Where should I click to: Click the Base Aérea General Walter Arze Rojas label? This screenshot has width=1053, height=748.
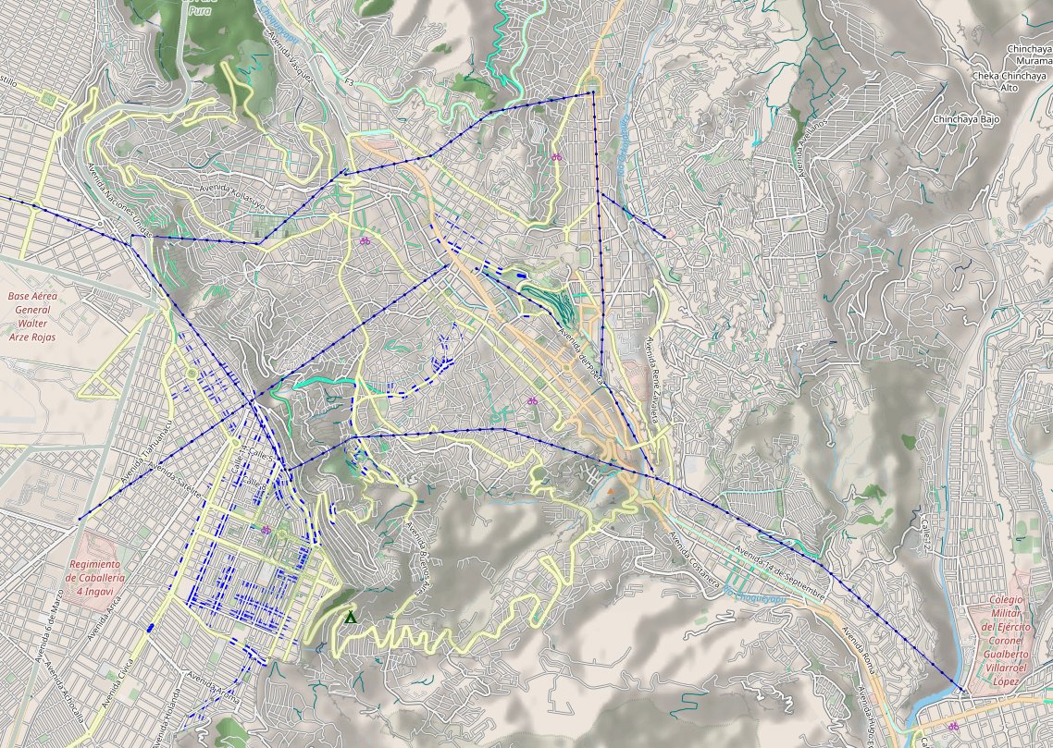[32, 317]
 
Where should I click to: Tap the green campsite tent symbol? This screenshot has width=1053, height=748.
[350, 617]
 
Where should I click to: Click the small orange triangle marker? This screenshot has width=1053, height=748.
[611, 478]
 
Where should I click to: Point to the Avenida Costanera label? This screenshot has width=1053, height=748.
[695, 560]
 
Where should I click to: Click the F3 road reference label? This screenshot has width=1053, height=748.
[349, 82]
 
